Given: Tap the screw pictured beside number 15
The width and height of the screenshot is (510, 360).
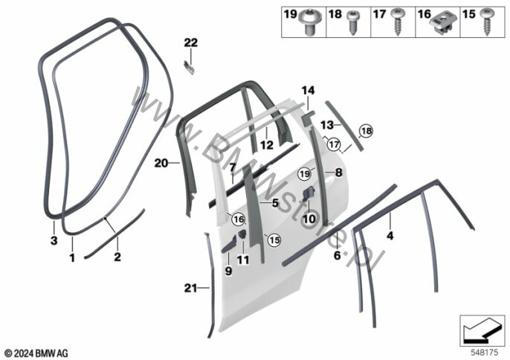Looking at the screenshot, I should coord(488,23).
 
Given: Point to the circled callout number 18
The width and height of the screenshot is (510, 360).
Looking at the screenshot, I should coord(364,132).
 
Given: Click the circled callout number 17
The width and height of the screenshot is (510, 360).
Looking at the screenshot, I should coord(334,144).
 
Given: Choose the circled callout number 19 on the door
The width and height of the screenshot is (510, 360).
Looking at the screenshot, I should coord(303,173).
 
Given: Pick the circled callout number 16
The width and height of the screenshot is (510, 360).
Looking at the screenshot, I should coord(238,219).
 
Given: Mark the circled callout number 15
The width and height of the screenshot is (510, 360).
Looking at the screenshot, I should coord(274,240).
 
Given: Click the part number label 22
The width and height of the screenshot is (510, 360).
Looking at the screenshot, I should coord(191,42).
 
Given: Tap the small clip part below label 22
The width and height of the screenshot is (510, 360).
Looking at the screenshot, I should coord(190,67).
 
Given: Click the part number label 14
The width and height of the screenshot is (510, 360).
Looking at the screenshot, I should coord(308,91).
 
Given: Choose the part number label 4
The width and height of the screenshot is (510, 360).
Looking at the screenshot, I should coord(390,236).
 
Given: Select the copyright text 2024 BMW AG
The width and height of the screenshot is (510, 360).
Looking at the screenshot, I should coord(37,351).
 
